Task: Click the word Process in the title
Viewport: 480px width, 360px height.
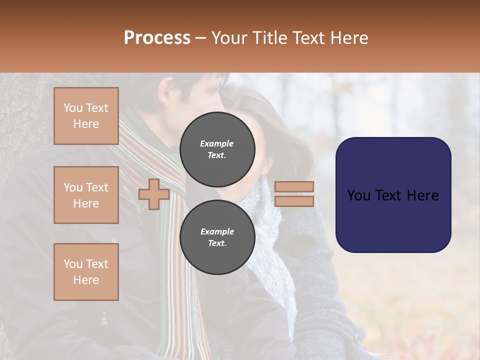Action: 157,38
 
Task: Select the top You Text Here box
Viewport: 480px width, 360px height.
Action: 86,116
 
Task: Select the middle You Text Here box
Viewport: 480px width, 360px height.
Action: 86,195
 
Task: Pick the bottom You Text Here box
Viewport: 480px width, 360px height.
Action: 86,272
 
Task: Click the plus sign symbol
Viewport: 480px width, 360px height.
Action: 153,194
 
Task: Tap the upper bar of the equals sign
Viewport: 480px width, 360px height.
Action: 294,186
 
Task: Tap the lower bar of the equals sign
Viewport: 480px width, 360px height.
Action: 294,201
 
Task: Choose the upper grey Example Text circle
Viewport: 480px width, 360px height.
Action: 217,149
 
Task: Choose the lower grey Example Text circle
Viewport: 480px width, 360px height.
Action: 217,237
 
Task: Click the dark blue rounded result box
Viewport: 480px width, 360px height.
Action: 393,195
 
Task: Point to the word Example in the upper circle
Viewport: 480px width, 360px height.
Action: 216,143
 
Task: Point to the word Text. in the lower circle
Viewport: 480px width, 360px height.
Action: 217,243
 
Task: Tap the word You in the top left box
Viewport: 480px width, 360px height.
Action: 72,108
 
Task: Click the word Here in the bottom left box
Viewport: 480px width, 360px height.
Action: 86,280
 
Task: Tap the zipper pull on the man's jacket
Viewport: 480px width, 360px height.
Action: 104,318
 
